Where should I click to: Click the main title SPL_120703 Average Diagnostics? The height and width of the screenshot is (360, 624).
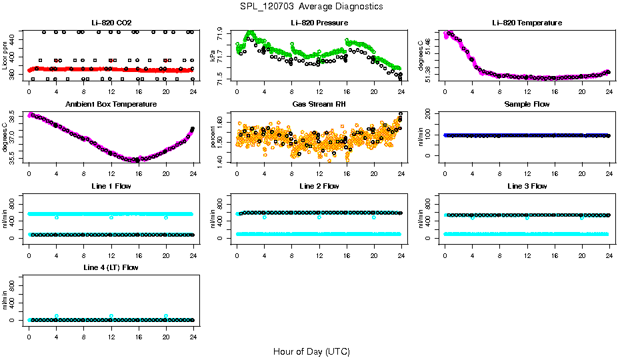click(x=312, y=6)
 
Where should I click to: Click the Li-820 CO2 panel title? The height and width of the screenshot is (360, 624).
click(x=111, y=23)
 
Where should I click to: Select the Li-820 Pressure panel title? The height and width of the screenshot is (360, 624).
click(x=319, y=23)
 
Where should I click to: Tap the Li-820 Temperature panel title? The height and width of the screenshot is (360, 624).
click(x=527, y=23)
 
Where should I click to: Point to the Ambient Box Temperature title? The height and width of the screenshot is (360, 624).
click(x=111, y=104)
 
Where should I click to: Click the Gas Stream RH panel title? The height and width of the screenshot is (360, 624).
click(x=319, y=104)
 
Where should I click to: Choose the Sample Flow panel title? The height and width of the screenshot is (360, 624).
click(x=527, y=104)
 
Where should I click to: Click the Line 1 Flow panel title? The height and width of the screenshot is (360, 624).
click(x=111, y=186)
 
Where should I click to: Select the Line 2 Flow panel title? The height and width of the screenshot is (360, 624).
click(x=319, y=186)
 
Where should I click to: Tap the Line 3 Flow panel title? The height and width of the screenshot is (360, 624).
click(x=527, y=186)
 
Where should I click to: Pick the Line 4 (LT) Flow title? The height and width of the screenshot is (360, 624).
click(x=111, y=267)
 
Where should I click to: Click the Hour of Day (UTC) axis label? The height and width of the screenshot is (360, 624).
click(x=311, y=351)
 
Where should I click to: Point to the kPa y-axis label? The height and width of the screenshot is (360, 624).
click(x=213, y=57)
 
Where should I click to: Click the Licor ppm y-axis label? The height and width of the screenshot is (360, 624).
click(x=5, y=56)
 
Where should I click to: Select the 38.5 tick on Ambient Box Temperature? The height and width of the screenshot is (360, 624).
click(x=14, y=120)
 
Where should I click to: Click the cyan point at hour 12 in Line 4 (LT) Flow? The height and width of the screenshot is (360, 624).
click(x=111, y=316)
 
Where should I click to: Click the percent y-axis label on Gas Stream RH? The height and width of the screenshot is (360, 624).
click(x=213, y=137)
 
